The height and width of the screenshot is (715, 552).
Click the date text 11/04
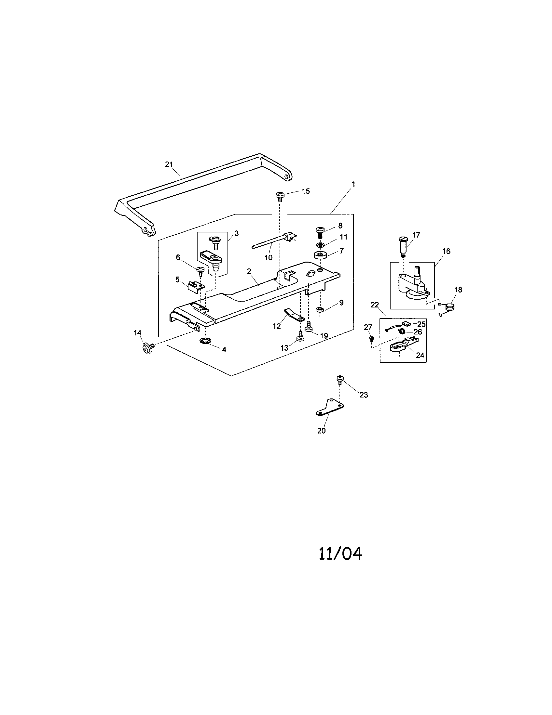point(340,553)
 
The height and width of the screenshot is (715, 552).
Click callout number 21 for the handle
point(169,164)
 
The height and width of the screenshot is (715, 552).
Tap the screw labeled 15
point(280,196)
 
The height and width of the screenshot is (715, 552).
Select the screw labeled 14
point(146,348)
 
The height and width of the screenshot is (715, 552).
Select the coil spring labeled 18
point(451,307)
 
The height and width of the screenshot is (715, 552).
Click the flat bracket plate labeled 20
point(330,408)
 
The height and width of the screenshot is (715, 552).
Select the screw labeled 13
point(300,336)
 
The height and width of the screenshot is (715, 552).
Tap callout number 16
point(446,251)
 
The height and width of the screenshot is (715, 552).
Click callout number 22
point(374,305)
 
